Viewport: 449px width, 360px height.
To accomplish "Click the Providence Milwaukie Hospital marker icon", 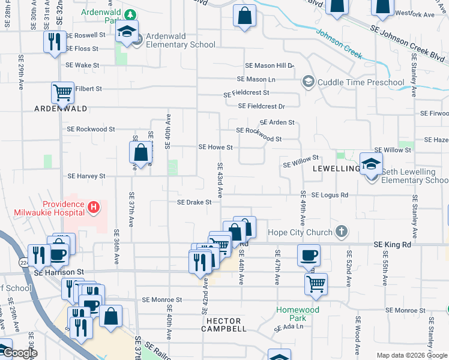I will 93,208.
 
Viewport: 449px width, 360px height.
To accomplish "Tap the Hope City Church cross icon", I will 341,232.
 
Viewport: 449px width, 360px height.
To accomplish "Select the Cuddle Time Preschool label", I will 361,82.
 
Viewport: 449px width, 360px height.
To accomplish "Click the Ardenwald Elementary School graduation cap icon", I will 127,32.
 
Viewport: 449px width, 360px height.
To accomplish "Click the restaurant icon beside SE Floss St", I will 54,41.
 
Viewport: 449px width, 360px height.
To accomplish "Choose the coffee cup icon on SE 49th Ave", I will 309,255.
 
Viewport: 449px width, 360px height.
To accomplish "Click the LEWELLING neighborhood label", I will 336,169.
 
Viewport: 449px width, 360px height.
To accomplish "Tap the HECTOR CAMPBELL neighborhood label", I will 223,325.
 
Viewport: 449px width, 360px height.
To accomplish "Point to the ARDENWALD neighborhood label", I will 61,109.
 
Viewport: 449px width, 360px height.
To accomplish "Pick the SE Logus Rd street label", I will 331,195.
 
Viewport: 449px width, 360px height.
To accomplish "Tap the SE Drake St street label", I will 194,202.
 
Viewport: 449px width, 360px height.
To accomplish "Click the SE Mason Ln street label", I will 256,79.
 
